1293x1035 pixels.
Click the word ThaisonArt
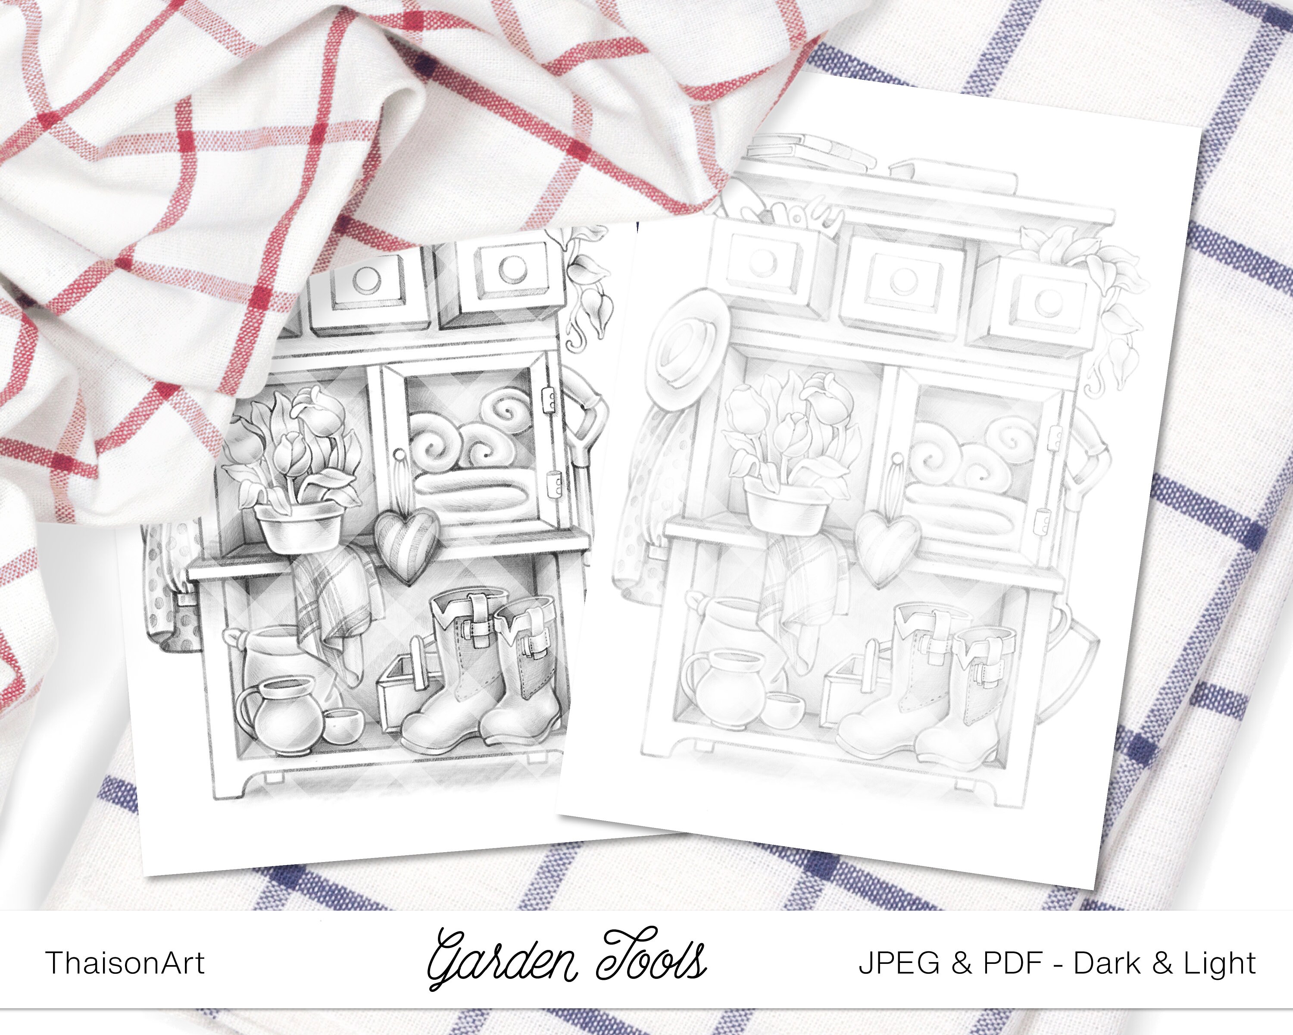(x=125, y=963)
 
